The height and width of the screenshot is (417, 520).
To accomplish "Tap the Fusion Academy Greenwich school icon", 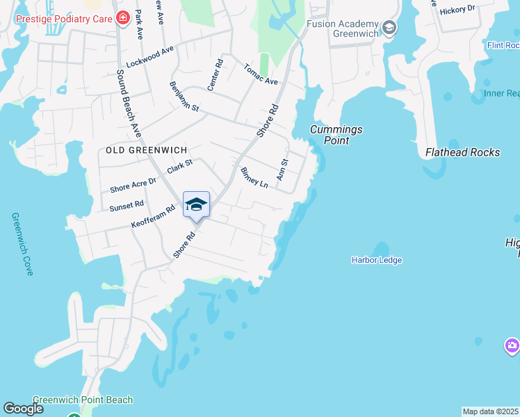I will click(389, 28).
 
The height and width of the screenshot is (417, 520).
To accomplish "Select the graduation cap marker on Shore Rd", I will click(196, 204).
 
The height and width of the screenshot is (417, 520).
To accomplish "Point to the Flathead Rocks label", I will click(462, 152).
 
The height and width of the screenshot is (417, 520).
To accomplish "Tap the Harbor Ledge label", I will click(377, 260).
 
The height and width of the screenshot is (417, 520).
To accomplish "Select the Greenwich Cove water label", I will click(22, 244).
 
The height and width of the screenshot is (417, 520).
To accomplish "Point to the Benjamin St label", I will click(184, 97).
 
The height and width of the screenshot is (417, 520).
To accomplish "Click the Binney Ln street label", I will click(254, 177).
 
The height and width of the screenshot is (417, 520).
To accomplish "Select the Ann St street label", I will click(282, 170).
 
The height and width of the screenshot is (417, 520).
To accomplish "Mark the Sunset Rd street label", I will click(127, 206).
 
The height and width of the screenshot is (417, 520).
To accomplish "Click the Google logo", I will click(24, 409).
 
